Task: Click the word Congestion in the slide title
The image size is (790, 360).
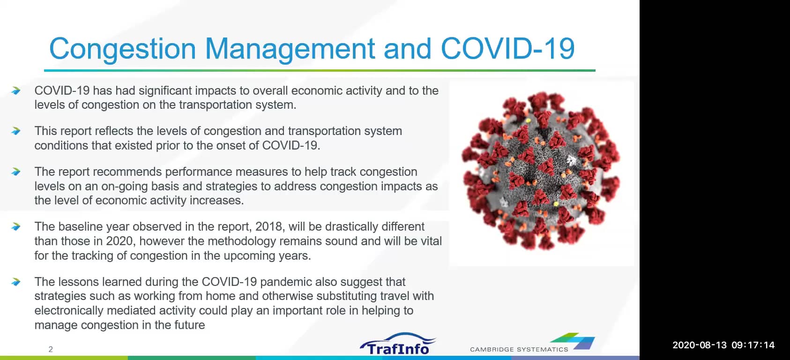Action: tap(122, 49)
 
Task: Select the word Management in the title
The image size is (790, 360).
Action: tap(290, 49)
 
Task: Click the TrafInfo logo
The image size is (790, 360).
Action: tap(397, 344)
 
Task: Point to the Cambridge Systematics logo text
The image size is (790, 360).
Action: tap(519, 349)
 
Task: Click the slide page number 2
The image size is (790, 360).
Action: tap(51, 349)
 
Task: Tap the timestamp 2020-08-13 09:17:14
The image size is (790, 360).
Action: tap(723, 345)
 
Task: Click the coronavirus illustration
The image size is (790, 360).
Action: tap(541, 171)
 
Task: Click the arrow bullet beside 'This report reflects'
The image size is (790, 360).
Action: tap(16, 131)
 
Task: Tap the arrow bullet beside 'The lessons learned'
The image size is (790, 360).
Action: tap(16, 282)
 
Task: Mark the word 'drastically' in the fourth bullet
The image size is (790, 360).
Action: tap(353, 226)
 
